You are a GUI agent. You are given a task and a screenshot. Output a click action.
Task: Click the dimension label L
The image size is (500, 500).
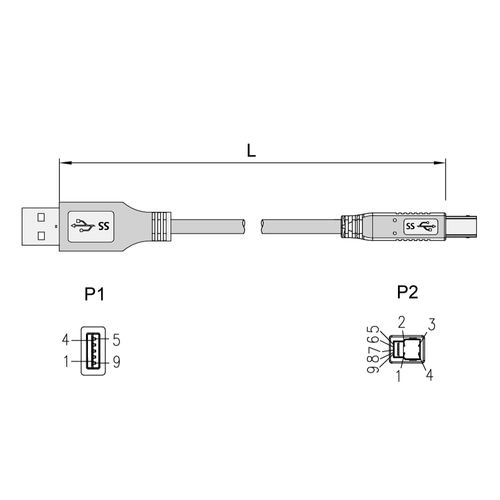click(x=251, y=151)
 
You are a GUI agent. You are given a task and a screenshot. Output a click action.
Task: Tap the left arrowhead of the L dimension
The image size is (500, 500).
click(x=65, y=163)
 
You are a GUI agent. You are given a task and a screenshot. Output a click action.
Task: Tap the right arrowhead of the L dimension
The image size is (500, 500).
click(x=439, y=163)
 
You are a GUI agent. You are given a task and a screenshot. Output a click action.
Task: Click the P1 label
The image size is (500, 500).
click(x=94, y=294)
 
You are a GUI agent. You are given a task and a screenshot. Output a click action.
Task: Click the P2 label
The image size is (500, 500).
click(x=408, y=292)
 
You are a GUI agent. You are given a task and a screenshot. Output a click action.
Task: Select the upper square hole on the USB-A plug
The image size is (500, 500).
click(x=41, y=217)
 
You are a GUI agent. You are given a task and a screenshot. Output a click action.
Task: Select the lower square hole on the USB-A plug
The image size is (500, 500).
click(x=41, y=236)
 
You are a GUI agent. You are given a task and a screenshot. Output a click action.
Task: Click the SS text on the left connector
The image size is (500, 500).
click(x=104, y=226)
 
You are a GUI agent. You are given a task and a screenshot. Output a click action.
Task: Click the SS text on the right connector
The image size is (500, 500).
click(x=411, y=227)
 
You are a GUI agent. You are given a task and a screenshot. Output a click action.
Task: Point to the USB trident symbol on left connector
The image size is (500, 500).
click(x=83, y=225)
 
